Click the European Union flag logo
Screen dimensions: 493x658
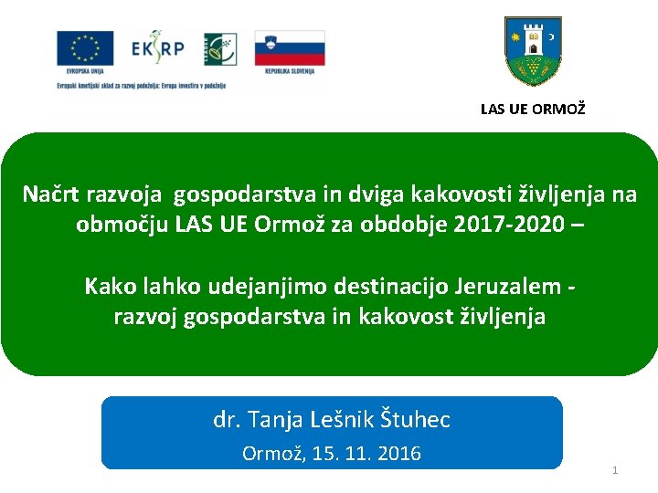pos(85,48)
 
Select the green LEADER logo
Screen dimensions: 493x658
pos(219,49)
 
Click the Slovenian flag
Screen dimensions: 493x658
pos(290,47)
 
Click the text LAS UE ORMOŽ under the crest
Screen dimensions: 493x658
pos(534,110)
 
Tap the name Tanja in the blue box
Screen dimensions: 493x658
pos(273,420)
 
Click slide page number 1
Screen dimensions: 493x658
pos(615,470)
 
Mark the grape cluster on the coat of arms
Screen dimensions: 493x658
pos(534,66)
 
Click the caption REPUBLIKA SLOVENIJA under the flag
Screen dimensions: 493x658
pos(290,70)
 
